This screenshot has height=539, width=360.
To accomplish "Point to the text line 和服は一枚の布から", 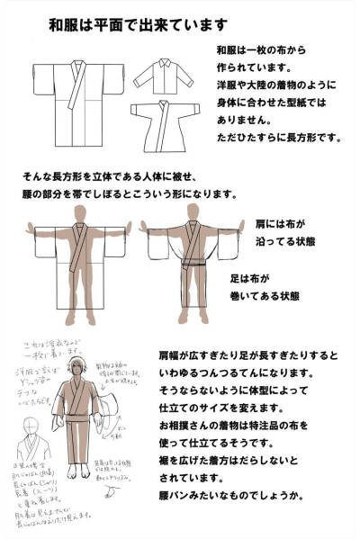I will [x=260, y=51].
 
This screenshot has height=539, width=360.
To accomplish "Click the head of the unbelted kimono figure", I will [x=80, y=211].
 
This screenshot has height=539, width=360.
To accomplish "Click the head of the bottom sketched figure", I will [x=78, y=370].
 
